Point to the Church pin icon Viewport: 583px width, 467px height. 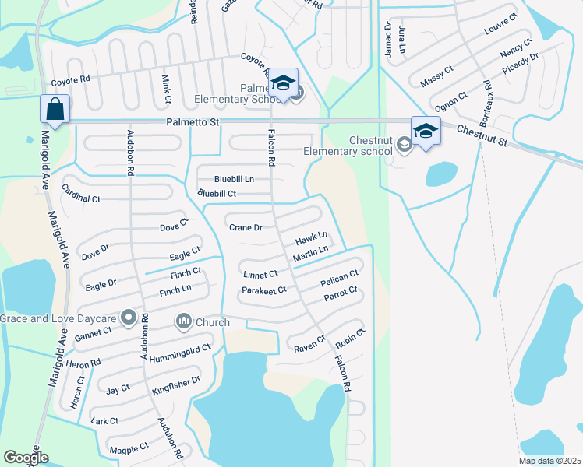[x=185, y=320]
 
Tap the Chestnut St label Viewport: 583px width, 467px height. [x=482, y=136]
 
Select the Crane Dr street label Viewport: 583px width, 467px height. [x=246, y=228]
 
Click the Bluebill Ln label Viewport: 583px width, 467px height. [x=234, y=179]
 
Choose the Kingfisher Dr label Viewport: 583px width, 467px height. [x=177, y=382]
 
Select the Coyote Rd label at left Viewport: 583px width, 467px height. [x=71, y=79]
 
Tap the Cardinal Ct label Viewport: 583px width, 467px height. [x=81, y=198]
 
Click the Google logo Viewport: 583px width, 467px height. [x=26, y=458]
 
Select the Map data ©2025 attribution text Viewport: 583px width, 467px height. [x=549, y=461]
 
